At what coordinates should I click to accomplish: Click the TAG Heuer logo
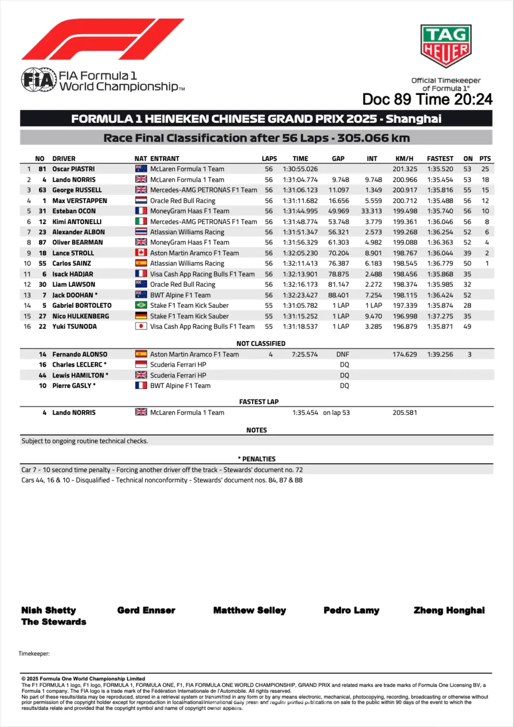coord(445,46)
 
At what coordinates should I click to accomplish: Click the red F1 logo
coord(102,39)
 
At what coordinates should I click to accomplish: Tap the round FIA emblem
coord(39,80)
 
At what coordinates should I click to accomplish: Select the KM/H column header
coord(404,159)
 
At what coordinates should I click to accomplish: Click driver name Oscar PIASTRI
coord(73,169)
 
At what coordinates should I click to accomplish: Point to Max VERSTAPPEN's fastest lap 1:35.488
coord(440,201)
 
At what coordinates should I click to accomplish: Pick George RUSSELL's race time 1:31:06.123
coord(300,190)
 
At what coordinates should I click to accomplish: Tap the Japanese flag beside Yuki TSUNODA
coord(141,327)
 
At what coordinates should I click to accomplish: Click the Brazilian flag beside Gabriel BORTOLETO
coord(141,306)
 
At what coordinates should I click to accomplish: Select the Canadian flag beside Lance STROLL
coord(141,253)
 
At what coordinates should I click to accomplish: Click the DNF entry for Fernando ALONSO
coord(343,354)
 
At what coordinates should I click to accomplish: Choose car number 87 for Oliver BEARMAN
coord(42,242)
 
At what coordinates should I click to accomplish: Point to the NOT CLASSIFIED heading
coord(261,344)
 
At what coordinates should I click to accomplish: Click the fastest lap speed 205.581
coord(405,413)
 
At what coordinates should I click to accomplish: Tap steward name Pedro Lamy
coord(351,610)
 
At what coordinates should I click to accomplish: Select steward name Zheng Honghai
coord(449,610)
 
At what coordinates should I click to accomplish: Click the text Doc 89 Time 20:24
coord(427,100)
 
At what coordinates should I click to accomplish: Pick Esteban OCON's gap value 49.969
coord(338,211)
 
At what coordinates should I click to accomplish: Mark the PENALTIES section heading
coord(259,459)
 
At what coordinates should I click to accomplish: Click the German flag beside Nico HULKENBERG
coord(141,316)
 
